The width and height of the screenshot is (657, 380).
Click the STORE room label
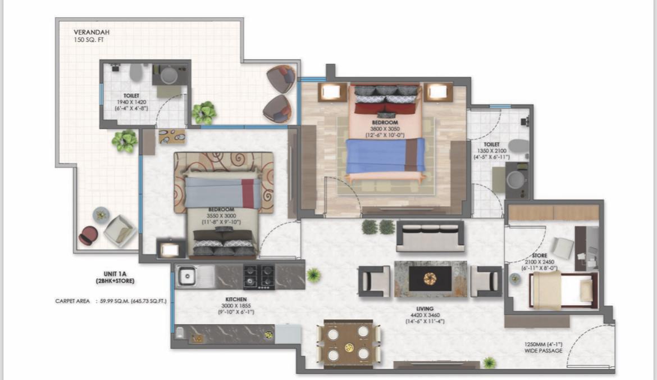point(539,256)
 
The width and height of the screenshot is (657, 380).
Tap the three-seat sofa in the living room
point(430,236)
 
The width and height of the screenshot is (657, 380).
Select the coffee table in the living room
point(430,279)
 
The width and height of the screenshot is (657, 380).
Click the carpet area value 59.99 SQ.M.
point(115,301)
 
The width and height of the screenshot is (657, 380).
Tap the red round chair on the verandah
point(88,235)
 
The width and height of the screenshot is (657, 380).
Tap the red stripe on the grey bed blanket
point(248,193)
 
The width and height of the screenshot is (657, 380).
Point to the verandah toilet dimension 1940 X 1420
point(132,102)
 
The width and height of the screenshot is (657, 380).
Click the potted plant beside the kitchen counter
point(314,275)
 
